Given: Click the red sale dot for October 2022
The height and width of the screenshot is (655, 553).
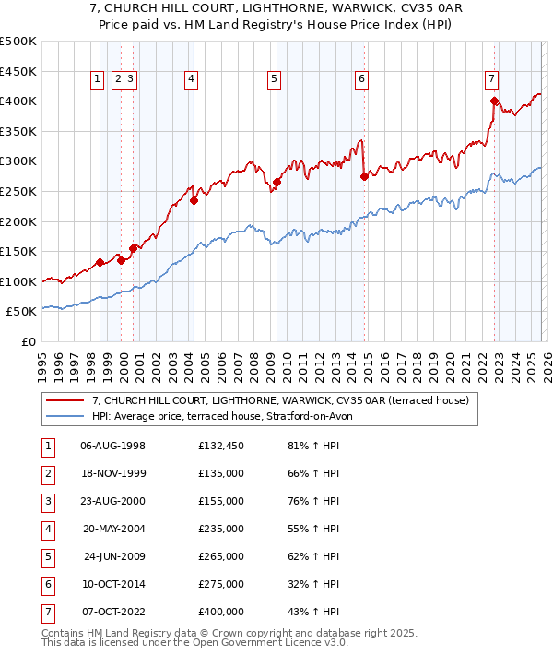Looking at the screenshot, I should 495,101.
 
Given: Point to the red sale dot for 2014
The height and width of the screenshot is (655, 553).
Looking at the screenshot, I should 364,176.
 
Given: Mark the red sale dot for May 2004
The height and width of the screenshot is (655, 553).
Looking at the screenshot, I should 194,200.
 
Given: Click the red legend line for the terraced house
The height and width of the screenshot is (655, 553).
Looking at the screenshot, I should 65,401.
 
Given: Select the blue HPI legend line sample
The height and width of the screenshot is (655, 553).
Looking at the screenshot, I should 65,416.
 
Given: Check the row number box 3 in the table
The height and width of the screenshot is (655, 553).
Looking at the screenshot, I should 46,501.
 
